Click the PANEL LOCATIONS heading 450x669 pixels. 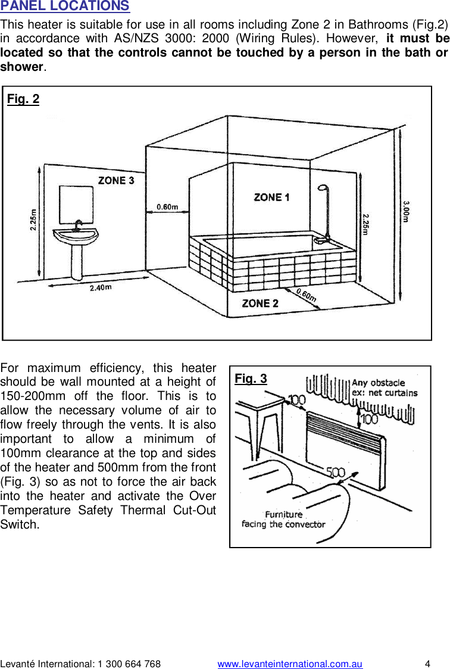(65, 7)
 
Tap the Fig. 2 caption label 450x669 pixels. (23, 99)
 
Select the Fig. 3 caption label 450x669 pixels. (251, 379)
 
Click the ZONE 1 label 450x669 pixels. (271, 197)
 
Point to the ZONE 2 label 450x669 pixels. (260, 303)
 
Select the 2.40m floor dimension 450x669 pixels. (100, 287)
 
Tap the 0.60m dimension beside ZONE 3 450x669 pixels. (167, 207)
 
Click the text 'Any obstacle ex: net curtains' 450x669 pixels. (384, 387)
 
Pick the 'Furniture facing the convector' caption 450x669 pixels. (283, 519)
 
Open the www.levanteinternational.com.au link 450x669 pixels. (290, 664)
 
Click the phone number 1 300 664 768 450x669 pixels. (123, 664)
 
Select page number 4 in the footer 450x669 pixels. (427, 664)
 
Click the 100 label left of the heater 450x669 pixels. (296, 399)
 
